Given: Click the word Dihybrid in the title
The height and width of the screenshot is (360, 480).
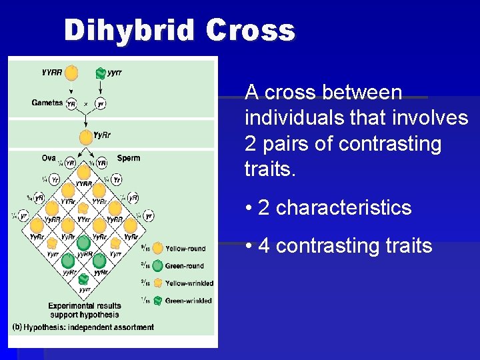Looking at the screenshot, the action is coord(130,31).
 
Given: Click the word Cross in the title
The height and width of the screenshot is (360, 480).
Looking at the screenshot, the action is coord(251,31).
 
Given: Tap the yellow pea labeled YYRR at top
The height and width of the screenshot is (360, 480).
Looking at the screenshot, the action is coord(71,72).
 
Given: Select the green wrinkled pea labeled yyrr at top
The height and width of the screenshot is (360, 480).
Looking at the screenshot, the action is coord(101,73).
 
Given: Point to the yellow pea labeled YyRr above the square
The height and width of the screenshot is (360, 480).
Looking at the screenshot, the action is coord(85,137).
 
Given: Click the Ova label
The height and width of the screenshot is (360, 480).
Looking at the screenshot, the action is coord(49,158).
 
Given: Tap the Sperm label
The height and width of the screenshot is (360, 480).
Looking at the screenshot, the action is coord(129,158).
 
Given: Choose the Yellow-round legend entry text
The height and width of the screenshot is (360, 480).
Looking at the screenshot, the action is coord(185,249).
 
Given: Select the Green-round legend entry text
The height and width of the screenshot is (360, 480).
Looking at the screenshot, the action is coord(185,266).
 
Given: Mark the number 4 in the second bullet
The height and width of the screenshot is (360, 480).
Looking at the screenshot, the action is coord(264,246).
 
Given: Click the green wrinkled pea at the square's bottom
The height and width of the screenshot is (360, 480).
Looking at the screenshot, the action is coord(85,279).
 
